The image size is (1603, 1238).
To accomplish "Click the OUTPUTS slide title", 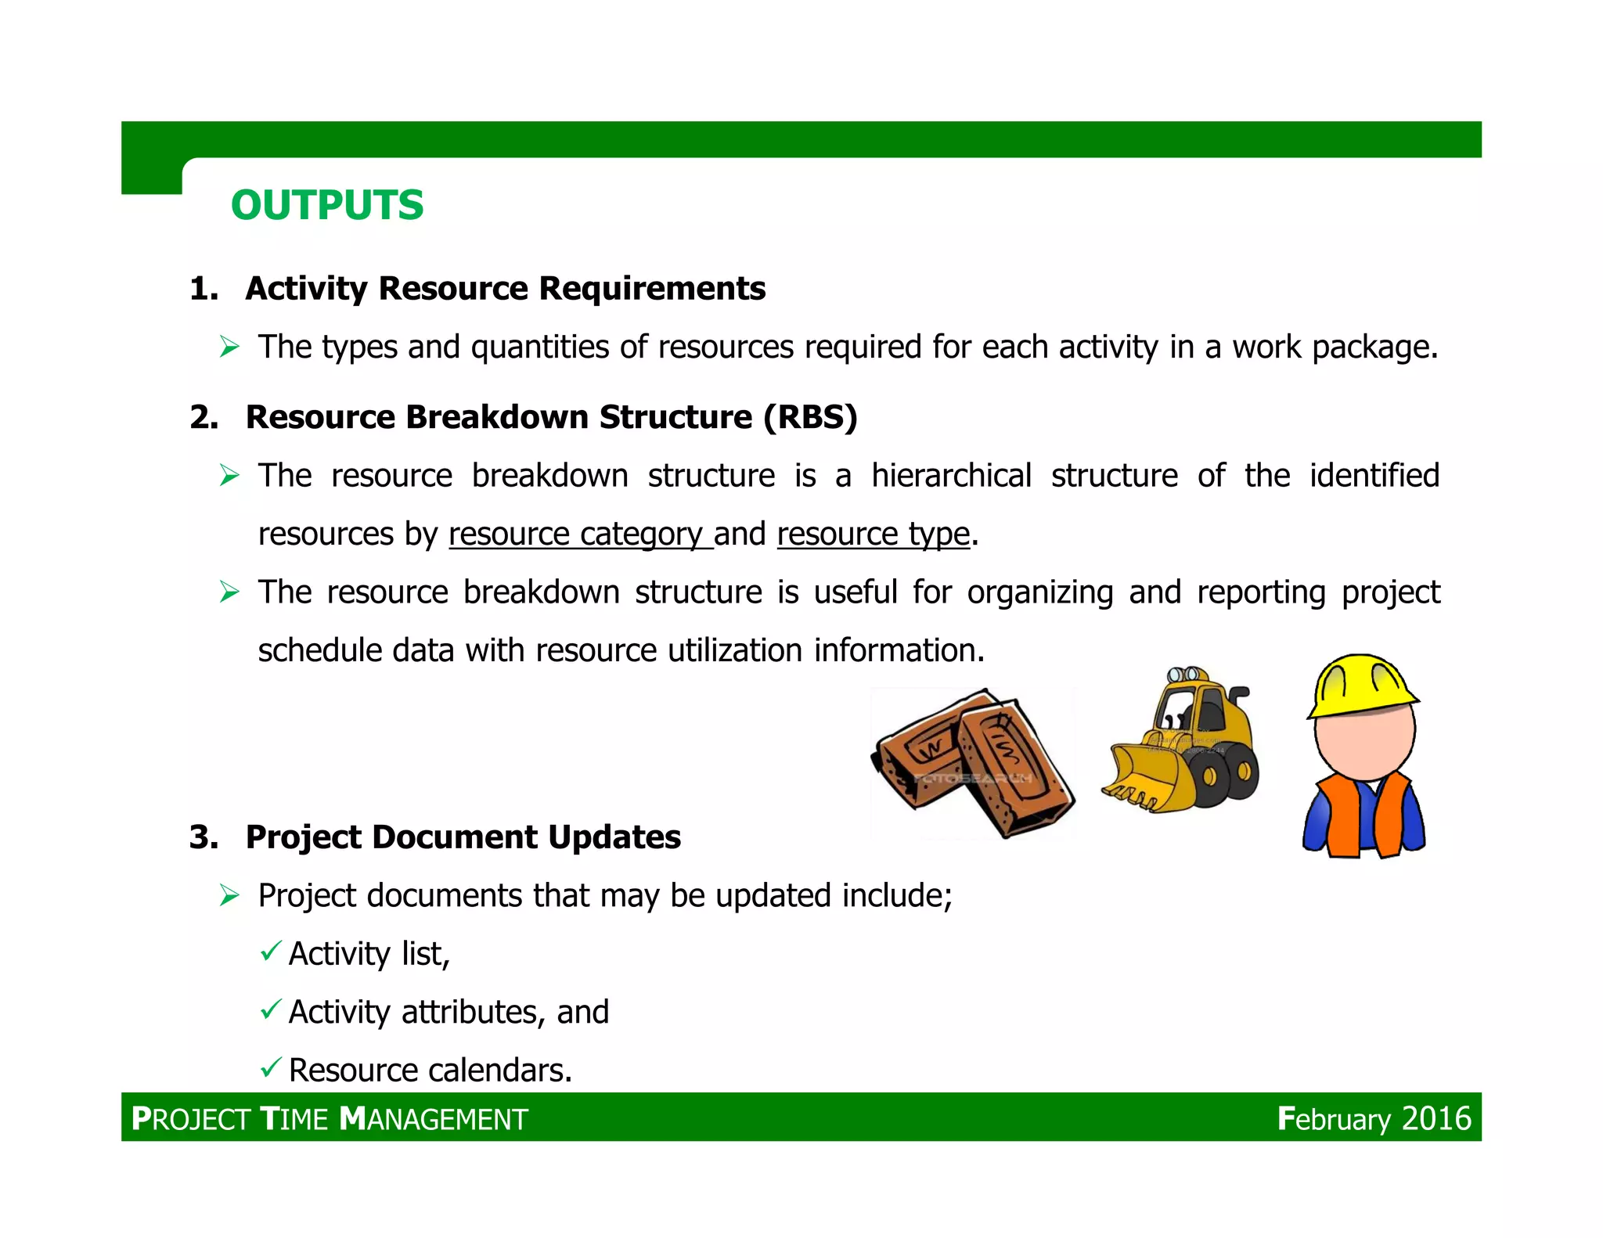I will pyautogui.click(x=327, y=205).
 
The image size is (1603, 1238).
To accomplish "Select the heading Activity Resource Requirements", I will pyautogui.click(x=505, y=289).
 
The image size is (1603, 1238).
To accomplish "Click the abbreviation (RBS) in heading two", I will pyautogui.click(x=810, y=417).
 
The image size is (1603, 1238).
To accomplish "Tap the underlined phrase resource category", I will pyautogui.click(x=580, y=534).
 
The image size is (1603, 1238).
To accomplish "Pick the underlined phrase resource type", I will pyautogui.click(x=873, y=534).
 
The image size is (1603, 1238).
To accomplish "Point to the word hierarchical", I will pyautogui.click(x=951, y=476).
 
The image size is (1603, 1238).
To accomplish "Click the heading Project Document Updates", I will pyautogui.click(x=463, y=837).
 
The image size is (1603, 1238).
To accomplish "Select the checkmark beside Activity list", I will pyautogui.click(x=271, y=951).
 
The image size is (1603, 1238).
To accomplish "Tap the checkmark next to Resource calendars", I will pyautogui.click(x=271, y=1067).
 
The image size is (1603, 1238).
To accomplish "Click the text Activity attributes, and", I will pyautogui.click(x=448, y=1012).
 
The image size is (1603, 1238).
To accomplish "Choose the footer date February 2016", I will pyautogui.click(x=1374, y=1118).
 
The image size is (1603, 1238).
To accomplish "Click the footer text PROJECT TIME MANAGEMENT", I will pyautogui.click(x=330, y=1119).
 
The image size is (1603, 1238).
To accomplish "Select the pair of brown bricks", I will pyautogui.click(x=973, y=763).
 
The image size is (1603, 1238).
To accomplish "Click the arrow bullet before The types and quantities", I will pyautogui.click(x=229, y=347).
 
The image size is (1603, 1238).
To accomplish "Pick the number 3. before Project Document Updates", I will pyautogui.click(x=204, y=837).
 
